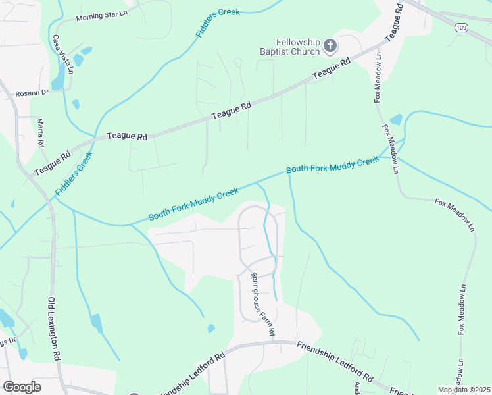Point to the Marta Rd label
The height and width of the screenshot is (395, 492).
(40, 134)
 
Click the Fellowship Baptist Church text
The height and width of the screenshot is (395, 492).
(289, 47)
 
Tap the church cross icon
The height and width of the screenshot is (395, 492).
(330, 46)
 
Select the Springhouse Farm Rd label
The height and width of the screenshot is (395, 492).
(260, 304)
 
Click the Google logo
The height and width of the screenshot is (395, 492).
(22, 387)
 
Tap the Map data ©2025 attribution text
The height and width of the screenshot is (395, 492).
(464, 390)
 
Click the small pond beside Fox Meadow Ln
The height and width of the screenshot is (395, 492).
(396, 120)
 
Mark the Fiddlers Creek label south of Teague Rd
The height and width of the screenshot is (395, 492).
(74, 173)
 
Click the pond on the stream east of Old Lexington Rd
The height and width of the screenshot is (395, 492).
(97, 323)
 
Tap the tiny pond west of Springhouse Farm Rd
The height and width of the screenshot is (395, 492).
(211, 328)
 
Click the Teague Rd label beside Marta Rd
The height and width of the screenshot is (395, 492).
(52, 164)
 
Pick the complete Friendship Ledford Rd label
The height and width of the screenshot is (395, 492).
(335, 363)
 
